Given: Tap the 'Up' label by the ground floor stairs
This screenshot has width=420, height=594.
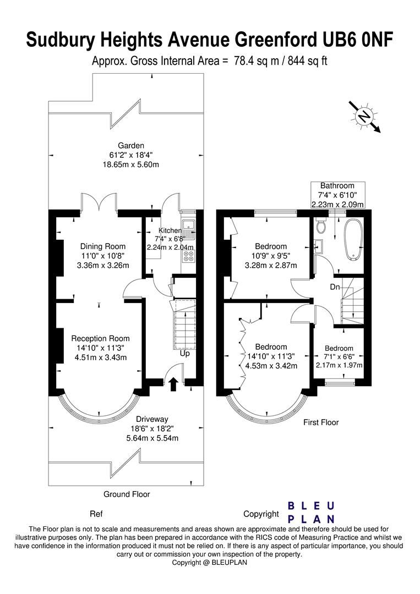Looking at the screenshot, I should [x=185, y=353].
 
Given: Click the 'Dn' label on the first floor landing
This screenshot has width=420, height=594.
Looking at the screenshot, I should [x=334, y=287].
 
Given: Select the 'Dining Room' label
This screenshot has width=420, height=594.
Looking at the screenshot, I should [x=103, y=246].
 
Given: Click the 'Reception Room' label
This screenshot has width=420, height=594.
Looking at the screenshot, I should [x=101, y=338].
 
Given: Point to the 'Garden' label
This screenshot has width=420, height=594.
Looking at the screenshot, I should [x=123, y=145].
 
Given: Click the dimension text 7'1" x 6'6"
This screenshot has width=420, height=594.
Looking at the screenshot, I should [x=339, y=356].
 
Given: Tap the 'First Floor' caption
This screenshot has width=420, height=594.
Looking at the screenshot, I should [x=321, y=422].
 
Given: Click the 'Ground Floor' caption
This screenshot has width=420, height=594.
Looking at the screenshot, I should [x=127, y=494].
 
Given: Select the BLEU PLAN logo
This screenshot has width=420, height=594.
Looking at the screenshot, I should [x=312, y=512].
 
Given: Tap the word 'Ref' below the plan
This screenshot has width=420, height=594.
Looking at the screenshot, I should [x=96, y=514].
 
